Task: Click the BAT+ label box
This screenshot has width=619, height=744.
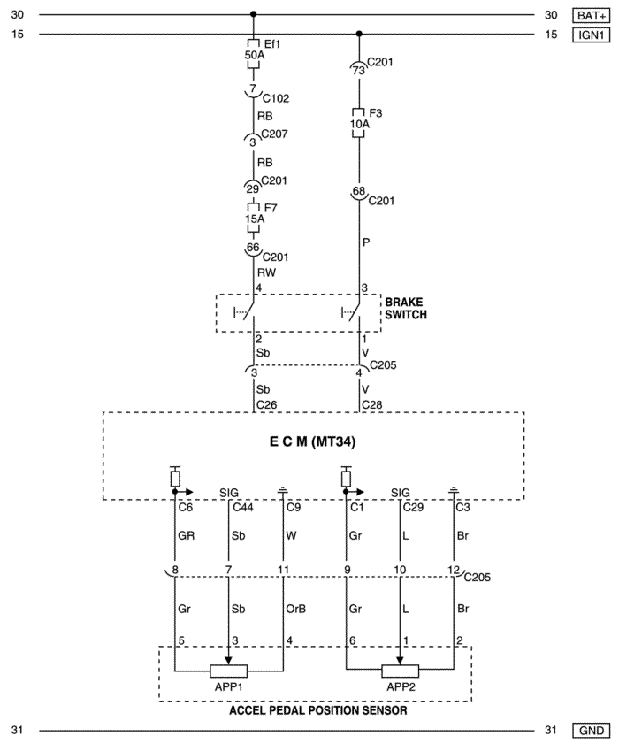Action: pos(591,15)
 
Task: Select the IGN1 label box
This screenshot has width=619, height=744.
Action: pos(591,35)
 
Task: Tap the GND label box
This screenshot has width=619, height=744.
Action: pos(591,730)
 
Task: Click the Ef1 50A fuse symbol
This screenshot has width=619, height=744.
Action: pos(254,55)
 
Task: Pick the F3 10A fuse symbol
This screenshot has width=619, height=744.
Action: pos(359,123)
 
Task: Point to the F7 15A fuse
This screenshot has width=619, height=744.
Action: pos(254,219)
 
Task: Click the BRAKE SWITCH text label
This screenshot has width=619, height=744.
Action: pos(406,309)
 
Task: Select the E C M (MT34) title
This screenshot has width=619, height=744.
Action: pos(312,441)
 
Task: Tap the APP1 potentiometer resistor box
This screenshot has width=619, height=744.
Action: pos(229,671)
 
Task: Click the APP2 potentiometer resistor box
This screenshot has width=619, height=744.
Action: pos(401,671)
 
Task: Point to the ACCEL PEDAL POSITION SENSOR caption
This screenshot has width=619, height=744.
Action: pos(317,710)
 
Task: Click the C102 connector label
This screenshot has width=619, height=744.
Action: pos(276,98)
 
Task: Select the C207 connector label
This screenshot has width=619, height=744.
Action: pos(274,134)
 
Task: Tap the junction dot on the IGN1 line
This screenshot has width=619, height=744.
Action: pos(359,34)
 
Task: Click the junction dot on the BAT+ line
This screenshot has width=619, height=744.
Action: pos(253,14)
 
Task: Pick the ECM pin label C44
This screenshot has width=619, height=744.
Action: pos(243,507)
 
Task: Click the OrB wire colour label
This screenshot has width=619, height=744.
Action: pos(296,609)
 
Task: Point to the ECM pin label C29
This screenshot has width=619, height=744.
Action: pos(413,507)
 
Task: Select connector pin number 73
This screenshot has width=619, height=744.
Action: pos(359,70)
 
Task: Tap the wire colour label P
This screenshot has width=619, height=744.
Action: pos(366,242)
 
